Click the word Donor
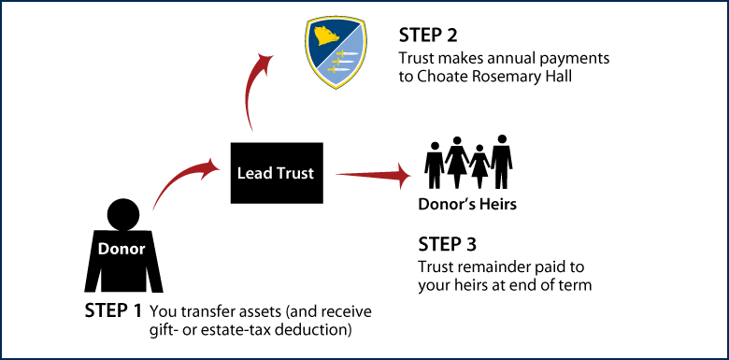click(x=121, y=250)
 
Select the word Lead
click(x=253, y=173)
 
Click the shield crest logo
click(x=336, y=52)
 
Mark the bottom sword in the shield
click(x=339, y=70)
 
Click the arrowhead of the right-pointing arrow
click(x=404, y=175)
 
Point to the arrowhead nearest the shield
click(x=265, y=62)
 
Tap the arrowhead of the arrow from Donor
click(x=210, y=166)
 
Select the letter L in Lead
click(x=241, y=173)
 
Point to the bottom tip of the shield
click(x=336, y=88)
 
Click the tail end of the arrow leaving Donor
click(x=154, y=208)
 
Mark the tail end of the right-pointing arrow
click(x=337, y=173)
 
